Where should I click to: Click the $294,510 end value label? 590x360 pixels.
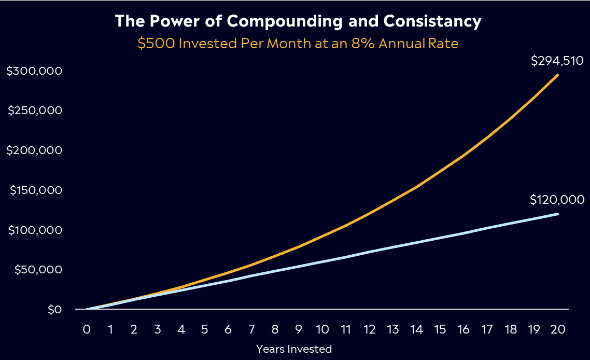pyautogui.click(x=557, y=61)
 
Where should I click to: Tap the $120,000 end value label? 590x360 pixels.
pyautogui.click(x=557, y=200)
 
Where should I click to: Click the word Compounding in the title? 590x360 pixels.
pyautogui.click(x=285, y=22)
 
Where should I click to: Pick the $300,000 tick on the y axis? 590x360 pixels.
pyautogui.click(x=34, y=71)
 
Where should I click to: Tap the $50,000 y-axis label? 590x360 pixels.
pyautogui.click(x=38, y=270)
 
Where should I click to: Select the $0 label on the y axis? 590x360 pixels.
pyautogui.click(x=54, y=310)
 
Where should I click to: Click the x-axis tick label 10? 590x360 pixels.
pyautogui.click(x=322, y=329)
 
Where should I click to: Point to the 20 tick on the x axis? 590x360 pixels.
pyautogui.click(x=558, y=329)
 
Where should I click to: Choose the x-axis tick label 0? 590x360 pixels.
pyautogui.click(x=87, y=329)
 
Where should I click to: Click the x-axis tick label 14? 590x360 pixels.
pyautogui.click(x=416, y=329)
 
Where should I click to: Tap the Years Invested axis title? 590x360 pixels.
pyautogui.click(x=294, y=349)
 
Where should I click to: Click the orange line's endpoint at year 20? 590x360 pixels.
pyautogui.click(x=557, y=75)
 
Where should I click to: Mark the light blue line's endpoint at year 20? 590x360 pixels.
pyautogui.click(x=557, y=214)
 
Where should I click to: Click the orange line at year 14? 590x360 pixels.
pyautogui.click(x=416, y=187)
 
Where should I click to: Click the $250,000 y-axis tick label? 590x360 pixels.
pyautogui.click(x=34, y=110)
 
